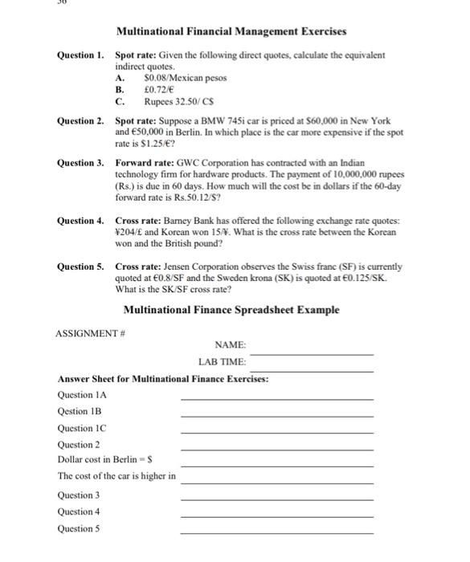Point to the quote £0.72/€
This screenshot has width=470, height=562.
tap(161, 91)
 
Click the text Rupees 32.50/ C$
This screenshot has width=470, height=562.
tap(181, 103)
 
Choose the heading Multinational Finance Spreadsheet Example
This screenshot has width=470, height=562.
tap(231, 310)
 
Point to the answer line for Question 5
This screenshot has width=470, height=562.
tap(277, 533)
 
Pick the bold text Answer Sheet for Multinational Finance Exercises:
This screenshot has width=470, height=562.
tap(163, 378)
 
